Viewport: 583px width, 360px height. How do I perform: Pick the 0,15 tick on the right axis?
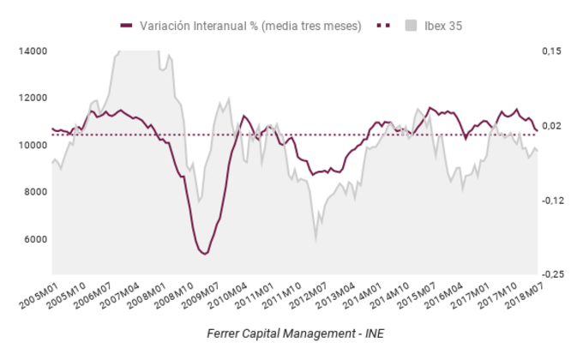(x=551, y=51)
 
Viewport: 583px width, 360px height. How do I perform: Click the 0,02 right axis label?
(x=551, y=126)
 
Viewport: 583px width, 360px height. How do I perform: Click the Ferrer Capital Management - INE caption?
(x=291, y=332)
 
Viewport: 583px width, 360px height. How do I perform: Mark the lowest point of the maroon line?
(x=204, y=254)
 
